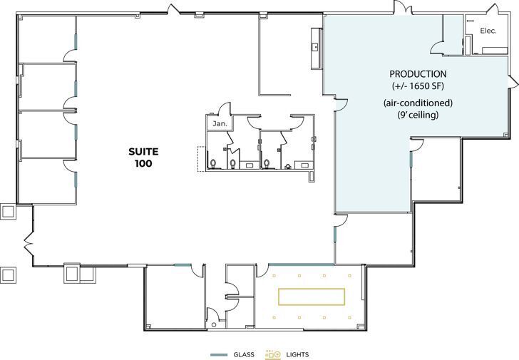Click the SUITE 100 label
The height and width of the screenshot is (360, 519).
click(140, 157)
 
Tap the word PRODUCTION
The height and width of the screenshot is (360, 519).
click(418, 74)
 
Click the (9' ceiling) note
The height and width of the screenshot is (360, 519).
click(418, 114)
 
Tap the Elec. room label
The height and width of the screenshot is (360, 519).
click(488, 31)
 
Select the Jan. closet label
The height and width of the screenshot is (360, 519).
click(216, 124)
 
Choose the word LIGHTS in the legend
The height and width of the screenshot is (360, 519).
click(297, 354)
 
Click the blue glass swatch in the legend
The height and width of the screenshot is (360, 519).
click(219, 354)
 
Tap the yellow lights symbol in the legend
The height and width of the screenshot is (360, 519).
click(273, 354)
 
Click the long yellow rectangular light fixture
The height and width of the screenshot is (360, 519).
click(312, 296)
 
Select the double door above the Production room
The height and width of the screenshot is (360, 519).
click(403, 9)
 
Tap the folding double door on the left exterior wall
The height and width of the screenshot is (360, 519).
click(29, 246)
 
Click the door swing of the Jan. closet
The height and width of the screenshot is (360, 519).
click(225, 110)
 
